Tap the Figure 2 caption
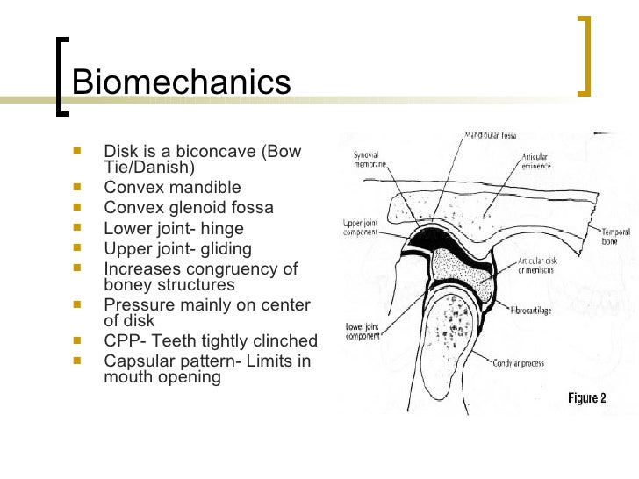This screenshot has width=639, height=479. point(586,398)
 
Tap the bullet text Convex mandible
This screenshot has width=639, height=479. point(172,187)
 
